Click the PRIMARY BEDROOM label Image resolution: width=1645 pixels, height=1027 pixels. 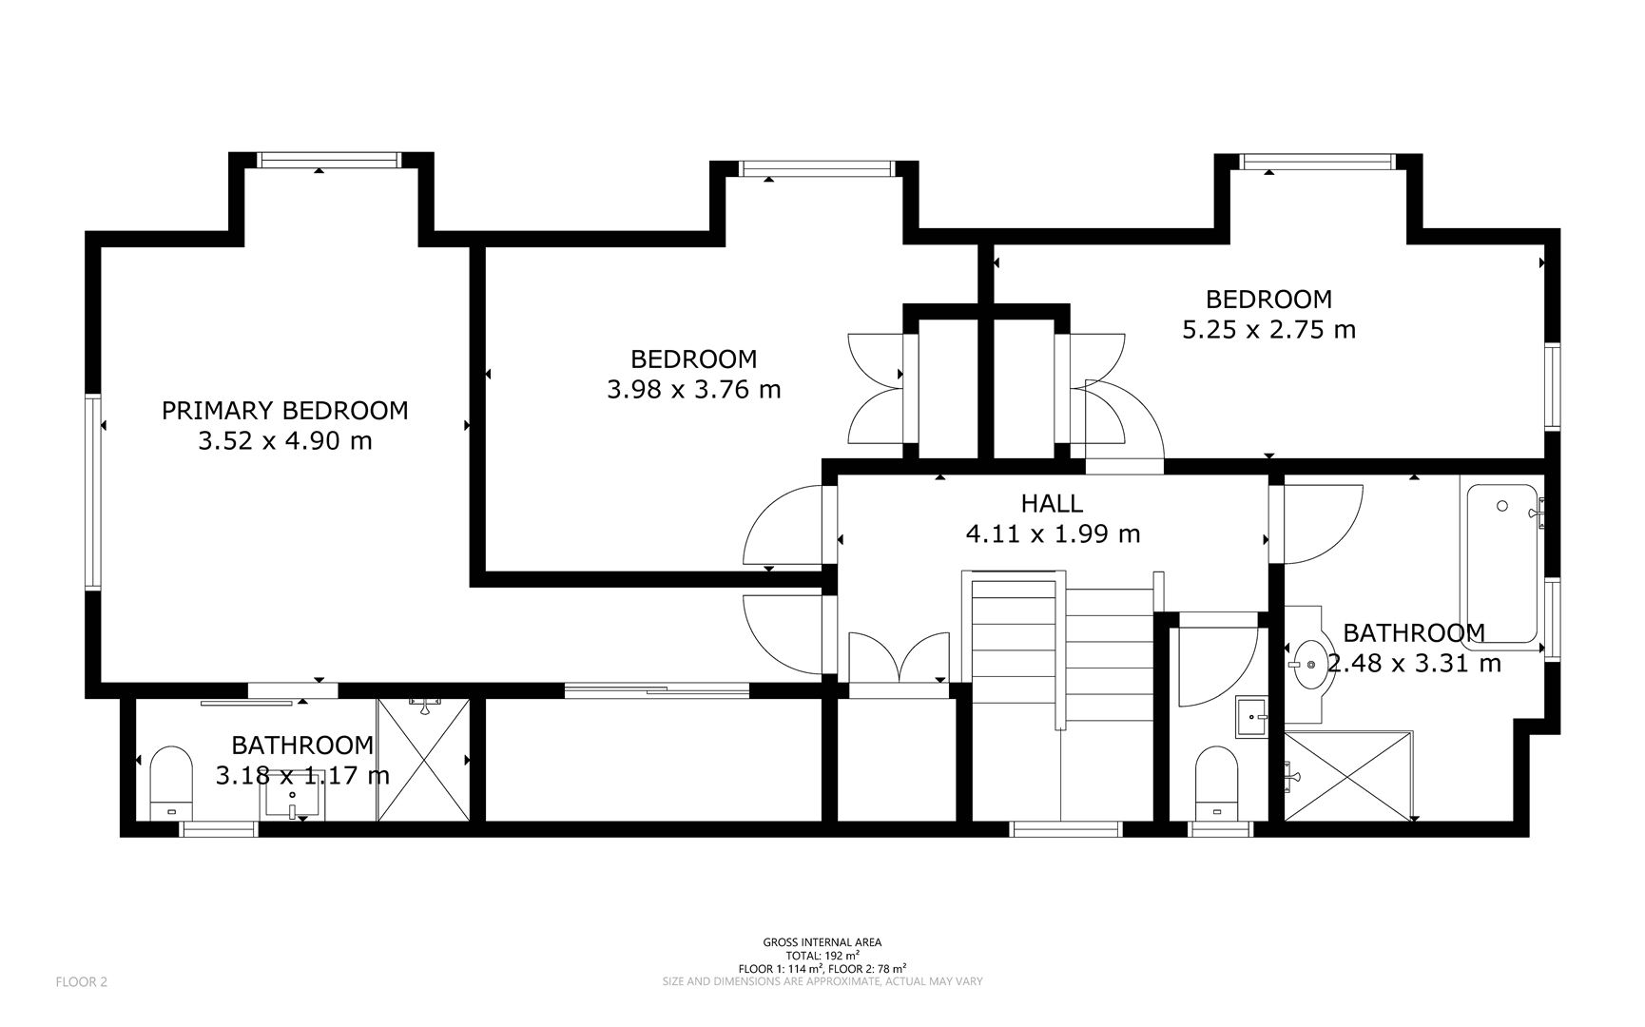coord(284,411)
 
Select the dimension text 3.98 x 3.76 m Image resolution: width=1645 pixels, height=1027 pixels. coord(693,390)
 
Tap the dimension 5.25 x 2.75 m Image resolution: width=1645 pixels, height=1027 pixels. coord(1268,330)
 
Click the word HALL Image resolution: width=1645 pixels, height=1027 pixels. coord(1052,503)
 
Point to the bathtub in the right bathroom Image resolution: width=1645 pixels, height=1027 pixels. coord(1501,565)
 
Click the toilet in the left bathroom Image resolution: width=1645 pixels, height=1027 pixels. coord(171,782)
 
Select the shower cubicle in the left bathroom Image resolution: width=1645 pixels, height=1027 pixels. coord(424,761)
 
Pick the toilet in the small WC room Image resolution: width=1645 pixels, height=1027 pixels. coord(1215,782)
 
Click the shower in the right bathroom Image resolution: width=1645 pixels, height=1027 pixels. coord(1347,775)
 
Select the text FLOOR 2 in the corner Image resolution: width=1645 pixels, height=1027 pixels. coord(82,982)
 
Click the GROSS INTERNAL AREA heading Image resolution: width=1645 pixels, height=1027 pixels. coord(822,942)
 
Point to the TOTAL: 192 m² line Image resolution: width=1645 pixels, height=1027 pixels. coord(822,955)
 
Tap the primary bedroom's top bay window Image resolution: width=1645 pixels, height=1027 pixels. coord(331,161)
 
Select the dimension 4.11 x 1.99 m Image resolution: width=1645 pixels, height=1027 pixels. coord(1052,534)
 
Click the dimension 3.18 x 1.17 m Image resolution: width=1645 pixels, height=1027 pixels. coord(302,776)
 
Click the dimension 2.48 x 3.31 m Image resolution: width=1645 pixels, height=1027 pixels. coord(1414,664)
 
